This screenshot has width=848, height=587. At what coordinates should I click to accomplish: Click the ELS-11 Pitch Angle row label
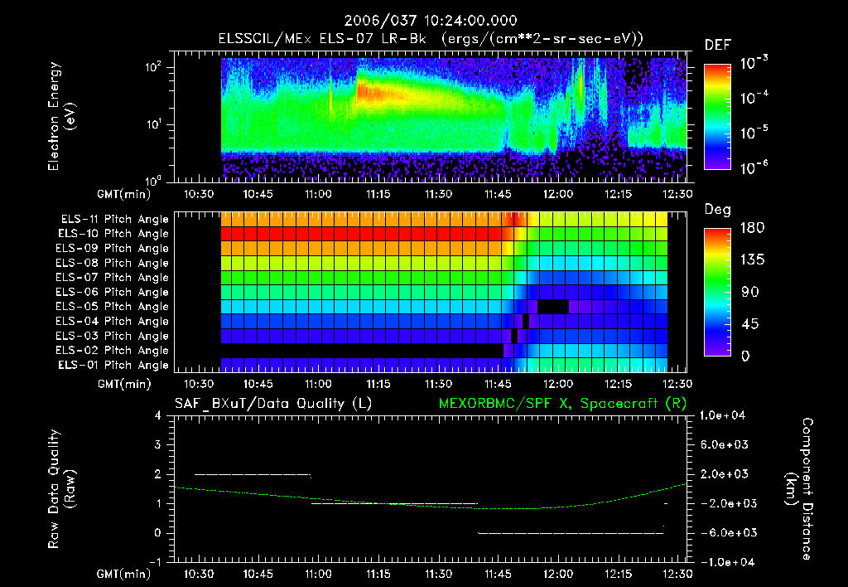point(113,220)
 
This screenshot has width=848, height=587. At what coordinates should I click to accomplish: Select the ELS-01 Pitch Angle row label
point(113,365)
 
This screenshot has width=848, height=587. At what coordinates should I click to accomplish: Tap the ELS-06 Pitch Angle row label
point(113,292)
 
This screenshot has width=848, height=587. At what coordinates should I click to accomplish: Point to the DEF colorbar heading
point(717,46)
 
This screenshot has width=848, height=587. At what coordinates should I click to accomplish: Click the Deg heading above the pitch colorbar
point(717,211)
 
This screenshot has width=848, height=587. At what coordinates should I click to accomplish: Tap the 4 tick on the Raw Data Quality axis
point(158,415)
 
